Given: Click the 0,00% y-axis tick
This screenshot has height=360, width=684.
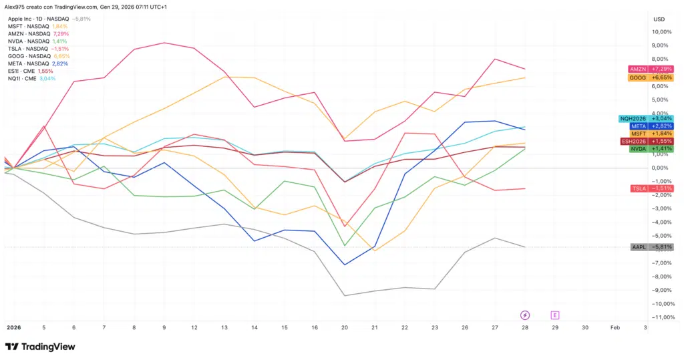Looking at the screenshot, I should [x=662, y=168].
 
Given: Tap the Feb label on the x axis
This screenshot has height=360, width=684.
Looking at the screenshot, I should [x=615, y=328].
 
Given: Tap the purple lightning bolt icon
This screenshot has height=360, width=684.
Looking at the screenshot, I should [x=525, y=315].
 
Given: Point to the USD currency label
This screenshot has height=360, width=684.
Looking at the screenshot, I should [x=659, y=19].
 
